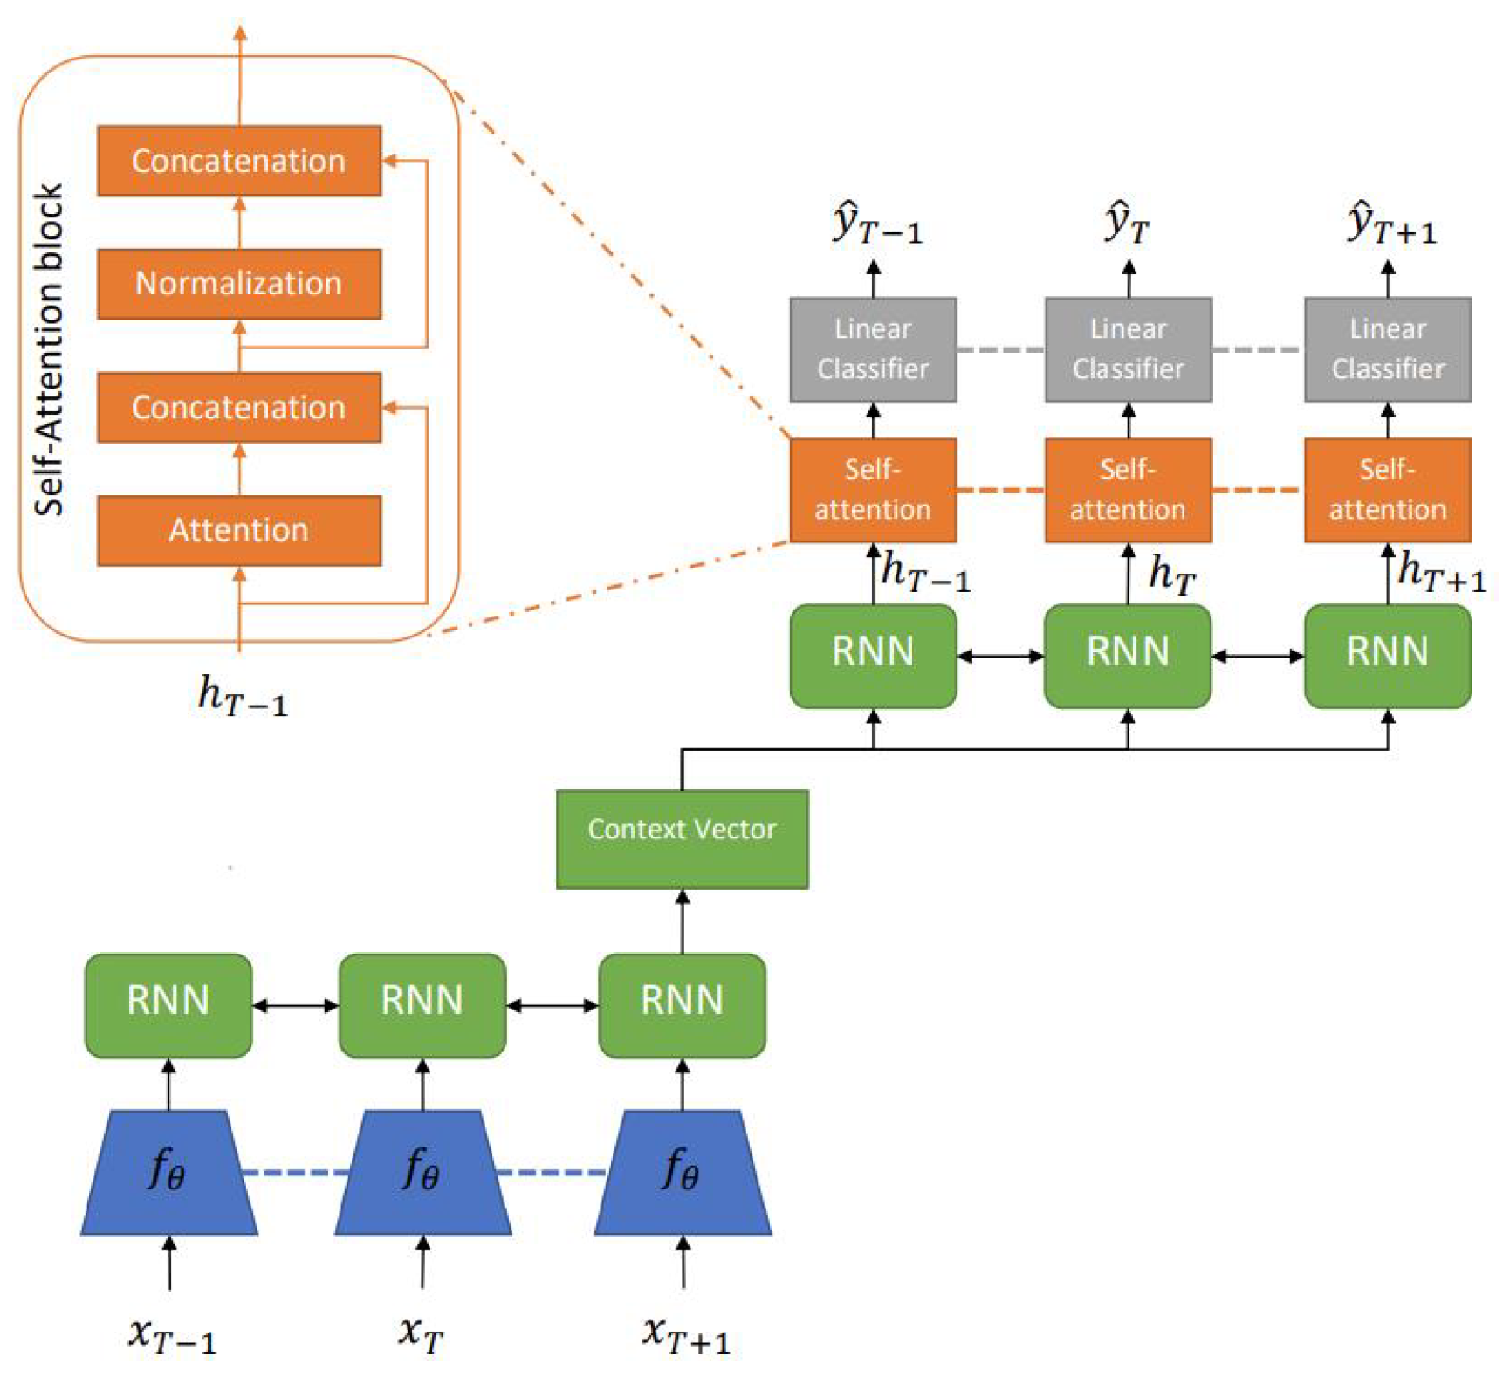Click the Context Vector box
[682, 839]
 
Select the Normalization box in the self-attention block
[238, 284]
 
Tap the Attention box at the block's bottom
[238, 530]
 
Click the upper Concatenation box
[238, 161]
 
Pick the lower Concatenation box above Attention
[238, 407]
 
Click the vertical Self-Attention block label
[50, 349]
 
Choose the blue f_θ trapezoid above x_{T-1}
[168, 1172]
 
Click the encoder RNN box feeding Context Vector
[682, 1005]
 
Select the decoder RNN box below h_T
[1127, 656]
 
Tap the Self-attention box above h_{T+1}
[1387, 490]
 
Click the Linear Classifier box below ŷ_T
[1128, 349]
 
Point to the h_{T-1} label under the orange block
[242, 697]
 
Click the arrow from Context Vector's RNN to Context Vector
[683, 921]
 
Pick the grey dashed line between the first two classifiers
[1000, 349]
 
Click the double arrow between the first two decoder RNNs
[1000, 656]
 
